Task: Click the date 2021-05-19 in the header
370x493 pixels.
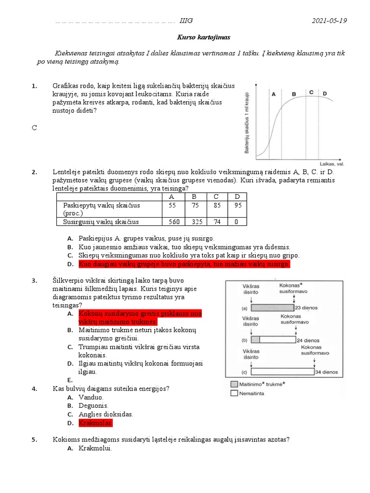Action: tap(329, 21)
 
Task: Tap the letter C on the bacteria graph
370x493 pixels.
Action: tap(311, 92)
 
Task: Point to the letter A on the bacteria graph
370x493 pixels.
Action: tap(274, 94)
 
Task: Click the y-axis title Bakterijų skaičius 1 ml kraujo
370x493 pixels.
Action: tap(246, 122)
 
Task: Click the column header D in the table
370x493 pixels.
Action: tap(236, 197)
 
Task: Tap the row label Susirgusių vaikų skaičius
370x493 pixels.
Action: tap(101, 222)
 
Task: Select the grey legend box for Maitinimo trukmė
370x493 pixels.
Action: tap(234, 384)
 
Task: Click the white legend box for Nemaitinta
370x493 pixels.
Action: tap(234, 393)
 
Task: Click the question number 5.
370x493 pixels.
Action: tap(34, 440)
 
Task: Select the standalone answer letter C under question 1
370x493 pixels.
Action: tap(34, 128)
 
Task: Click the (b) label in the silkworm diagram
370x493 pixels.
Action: tap(245, 339)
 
